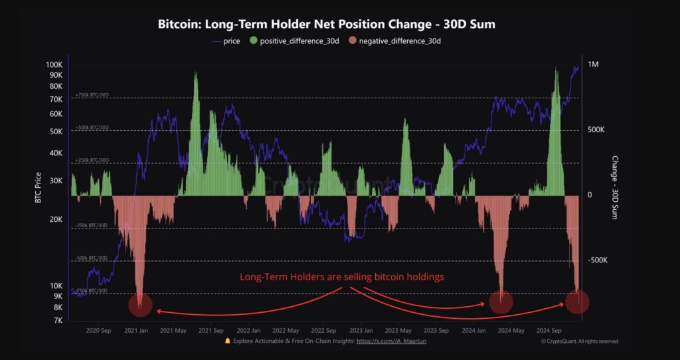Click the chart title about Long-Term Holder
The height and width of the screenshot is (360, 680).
[x=326, y=25]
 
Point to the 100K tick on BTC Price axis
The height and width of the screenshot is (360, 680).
[x=54, y=65]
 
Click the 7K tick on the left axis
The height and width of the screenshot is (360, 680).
[x=58, y=320]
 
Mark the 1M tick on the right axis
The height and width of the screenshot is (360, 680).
[x=592, y=64]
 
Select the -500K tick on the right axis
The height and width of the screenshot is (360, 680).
[x=597, y=260]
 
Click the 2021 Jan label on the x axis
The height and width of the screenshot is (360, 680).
[x=137, y=330]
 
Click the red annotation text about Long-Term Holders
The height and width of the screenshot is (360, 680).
[x=341, y=277]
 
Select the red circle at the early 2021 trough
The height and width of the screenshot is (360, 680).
[x=140, y=305]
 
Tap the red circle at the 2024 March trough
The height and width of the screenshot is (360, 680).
[x=501, y=302]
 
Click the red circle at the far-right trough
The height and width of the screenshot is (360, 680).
[x=578, y=302]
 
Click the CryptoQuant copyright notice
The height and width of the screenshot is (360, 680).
[x=579, y=341]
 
